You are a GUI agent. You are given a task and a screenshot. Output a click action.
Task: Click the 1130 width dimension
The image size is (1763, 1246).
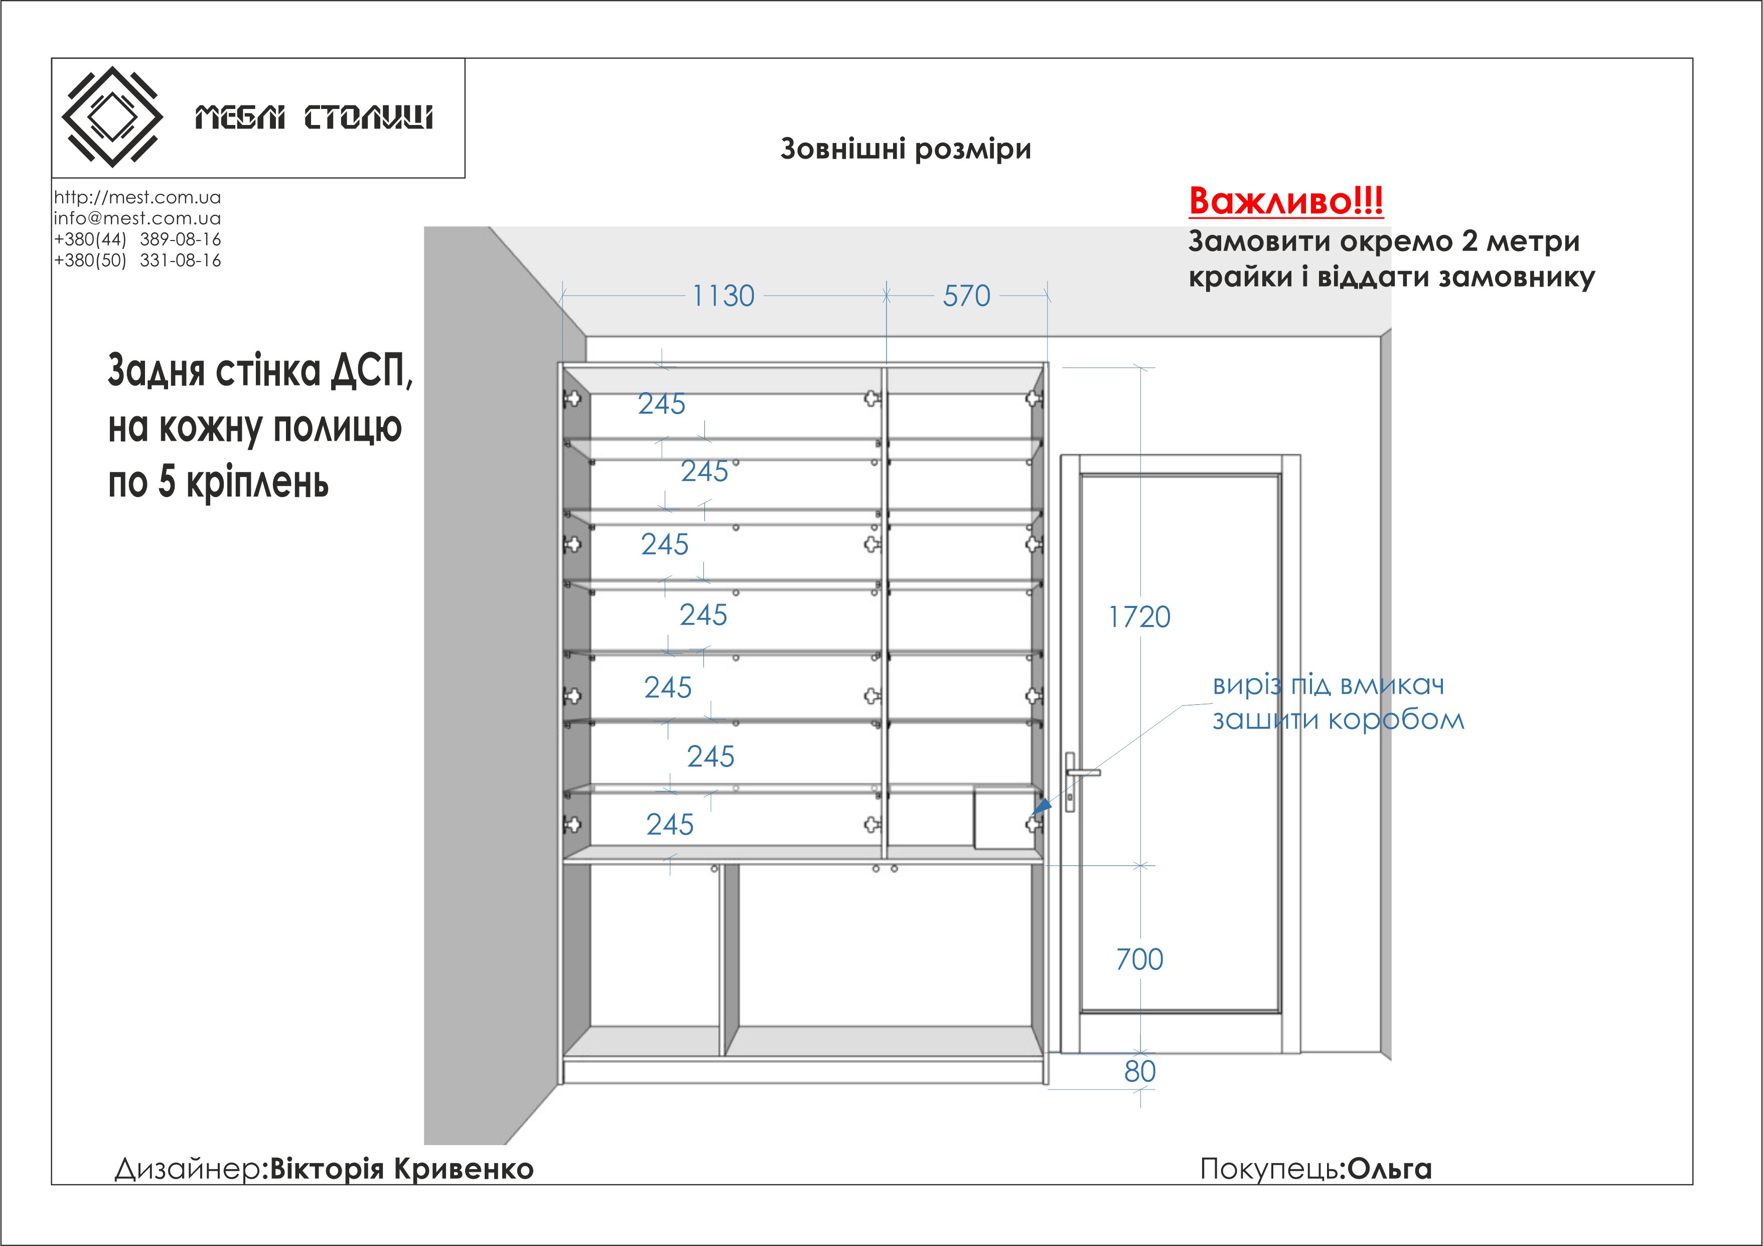(x=723, y=296)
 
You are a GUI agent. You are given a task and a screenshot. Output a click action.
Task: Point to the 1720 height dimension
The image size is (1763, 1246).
(x=1139, y=617)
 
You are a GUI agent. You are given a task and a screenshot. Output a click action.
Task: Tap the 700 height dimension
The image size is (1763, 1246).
(x=1139, y=959)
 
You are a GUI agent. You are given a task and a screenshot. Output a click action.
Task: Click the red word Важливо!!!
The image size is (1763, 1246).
(x=1285, y=201)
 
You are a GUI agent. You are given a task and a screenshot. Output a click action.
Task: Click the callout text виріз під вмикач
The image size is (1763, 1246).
(x=1328, y=684)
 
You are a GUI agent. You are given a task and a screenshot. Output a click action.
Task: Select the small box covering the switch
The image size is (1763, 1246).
(x=1003, y=817)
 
